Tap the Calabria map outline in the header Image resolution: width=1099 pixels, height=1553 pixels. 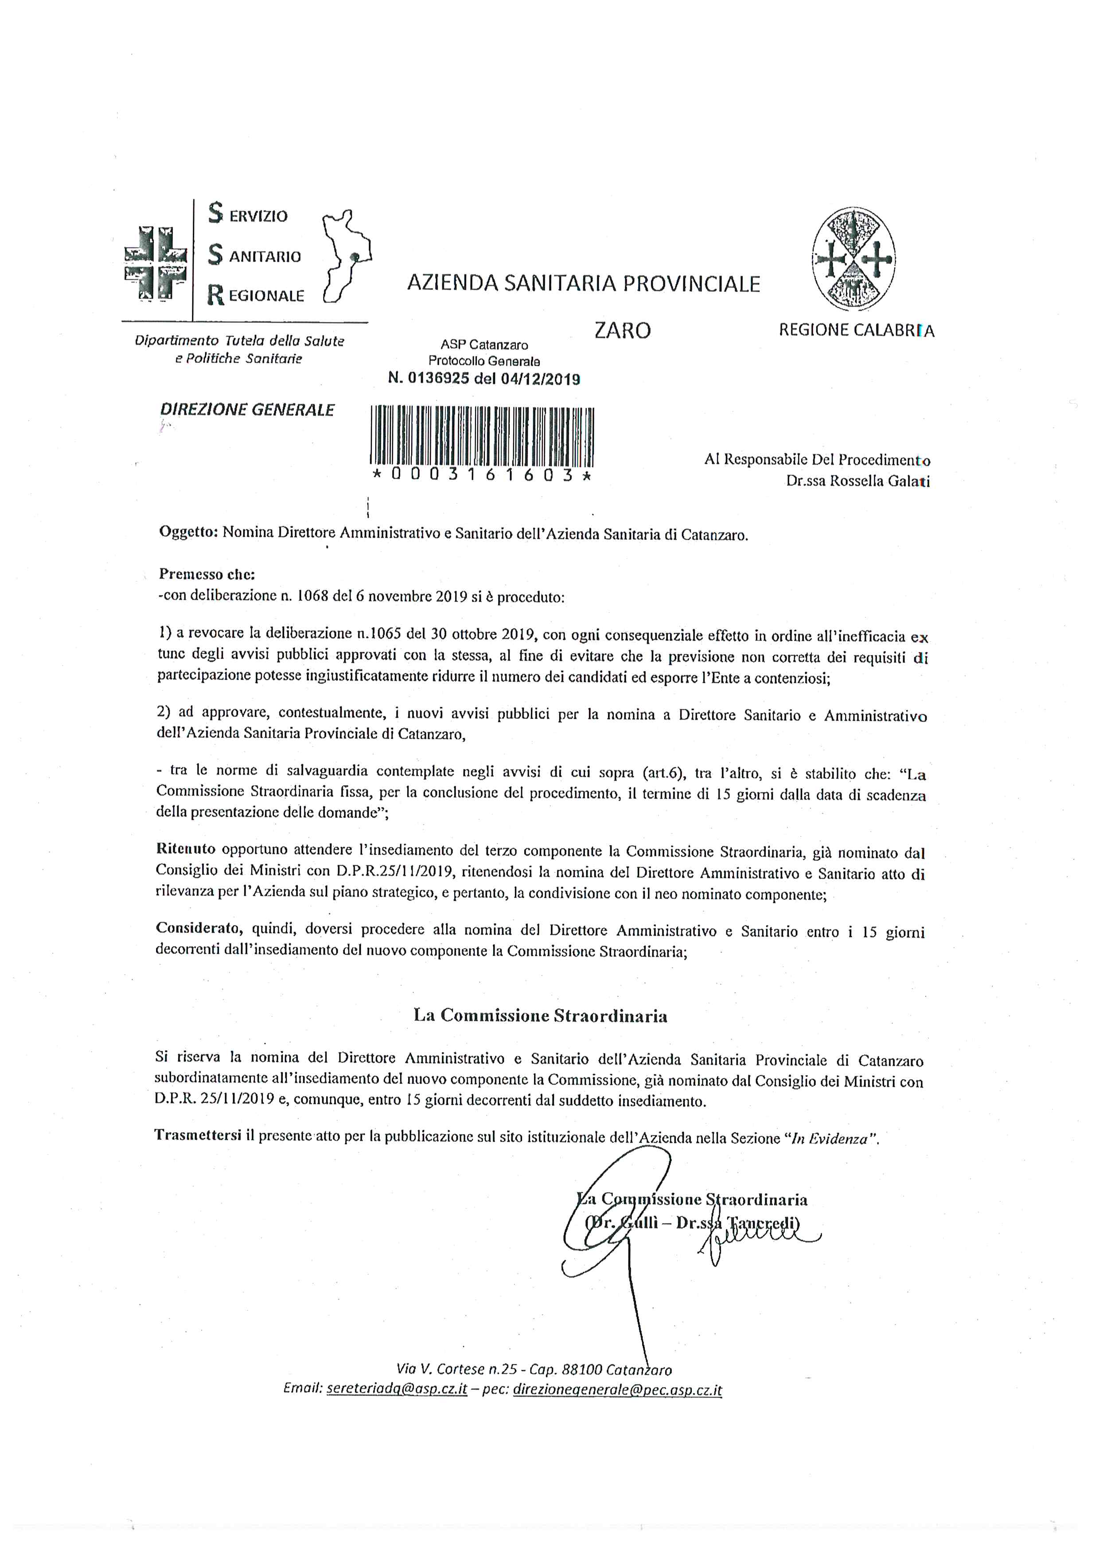347,256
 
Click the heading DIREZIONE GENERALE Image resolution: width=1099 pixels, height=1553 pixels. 247,410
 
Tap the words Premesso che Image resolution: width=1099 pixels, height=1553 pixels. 207,574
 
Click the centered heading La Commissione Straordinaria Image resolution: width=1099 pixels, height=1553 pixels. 540,1015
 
